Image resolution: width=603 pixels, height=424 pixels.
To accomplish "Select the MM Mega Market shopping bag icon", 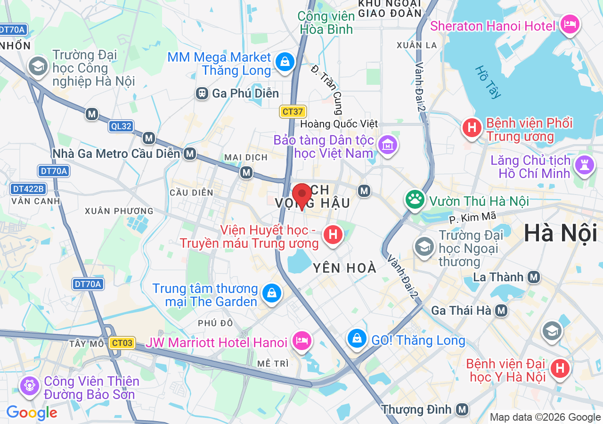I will point(285,62).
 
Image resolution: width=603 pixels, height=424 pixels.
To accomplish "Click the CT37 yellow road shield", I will point(293,112).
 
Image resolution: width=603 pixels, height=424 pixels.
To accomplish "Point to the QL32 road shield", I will point(121,126).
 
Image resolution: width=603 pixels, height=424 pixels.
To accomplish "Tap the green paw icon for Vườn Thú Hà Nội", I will point(415,199).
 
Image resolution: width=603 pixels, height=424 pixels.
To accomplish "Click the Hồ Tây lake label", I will point(488,82).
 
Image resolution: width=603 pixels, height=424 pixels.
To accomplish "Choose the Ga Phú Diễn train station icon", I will point(202,93).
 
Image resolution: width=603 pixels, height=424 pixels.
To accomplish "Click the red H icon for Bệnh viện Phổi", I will point(472,127).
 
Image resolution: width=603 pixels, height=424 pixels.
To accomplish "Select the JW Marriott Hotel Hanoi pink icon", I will point(301,340).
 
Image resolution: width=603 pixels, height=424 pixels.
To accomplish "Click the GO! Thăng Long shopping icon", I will point(357,338).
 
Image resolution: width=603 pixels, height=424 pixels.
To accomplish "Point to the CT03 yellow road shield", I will point(122,343).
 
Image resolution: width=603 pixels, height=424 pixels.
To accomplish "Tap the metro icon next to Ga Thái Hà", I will point(501,310).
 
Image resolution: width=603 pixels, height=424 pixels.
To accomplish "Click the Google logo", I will point(32,413).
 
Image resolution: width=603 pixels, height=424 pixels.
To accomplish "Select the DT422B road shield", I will point(28,189).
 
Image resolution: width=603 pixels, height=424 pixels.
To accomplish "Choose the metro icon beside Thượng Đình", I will point(462,409).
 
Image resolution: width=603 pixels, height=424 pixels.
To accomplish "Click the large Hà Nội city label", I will point(560,234).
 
